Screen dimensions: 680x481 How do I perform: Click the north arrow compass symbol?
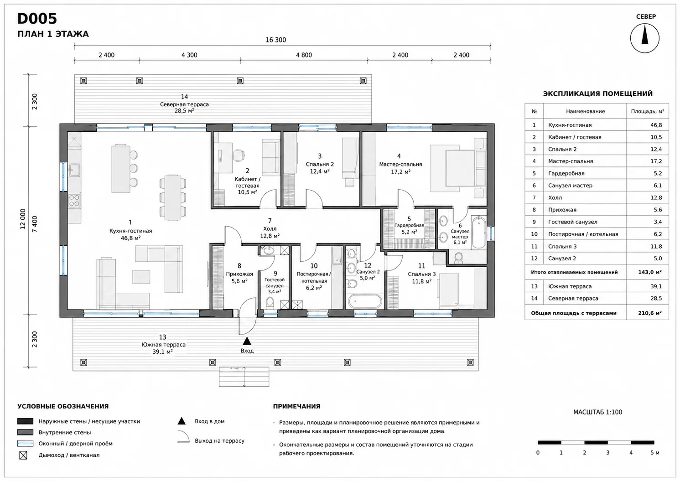point(645,38)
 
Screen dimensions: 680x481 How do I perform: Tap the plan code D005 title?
point(37,19)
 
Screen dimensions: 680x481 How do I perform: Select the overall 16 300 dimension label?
point(275,40)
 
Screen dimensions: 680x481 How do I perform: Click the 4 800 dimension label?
point(304,55)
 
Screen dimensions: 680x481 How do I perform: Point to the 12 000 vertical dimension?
point(23,219)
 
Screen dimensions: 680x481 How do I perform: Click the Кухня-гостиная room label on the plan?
point(130,231)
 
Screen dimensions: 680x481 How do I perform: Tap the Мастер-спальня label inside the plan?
point(400,165)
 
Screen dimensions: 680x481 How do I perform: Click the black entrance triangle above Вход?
point(247,341)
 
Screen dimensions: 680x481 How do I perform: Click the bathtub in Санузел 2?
point(364,301)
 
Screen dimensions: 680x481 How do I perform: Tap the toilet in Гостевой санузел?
point(269,303)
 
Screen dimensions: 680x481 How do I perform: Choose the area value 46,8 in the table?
point(656,125)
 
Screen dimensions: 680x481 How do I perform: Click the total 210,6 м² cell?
point(649,313)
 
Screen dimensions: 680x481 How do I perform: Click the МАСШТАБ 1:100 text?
point(597,412)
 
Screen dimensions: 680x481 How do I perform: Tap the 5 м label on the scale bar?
point(654,453)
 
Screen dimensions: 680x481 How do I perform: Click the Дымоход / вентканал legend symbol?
point(23,455)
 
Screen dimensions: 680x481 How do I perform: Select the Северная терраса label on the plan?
point(184,104)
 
